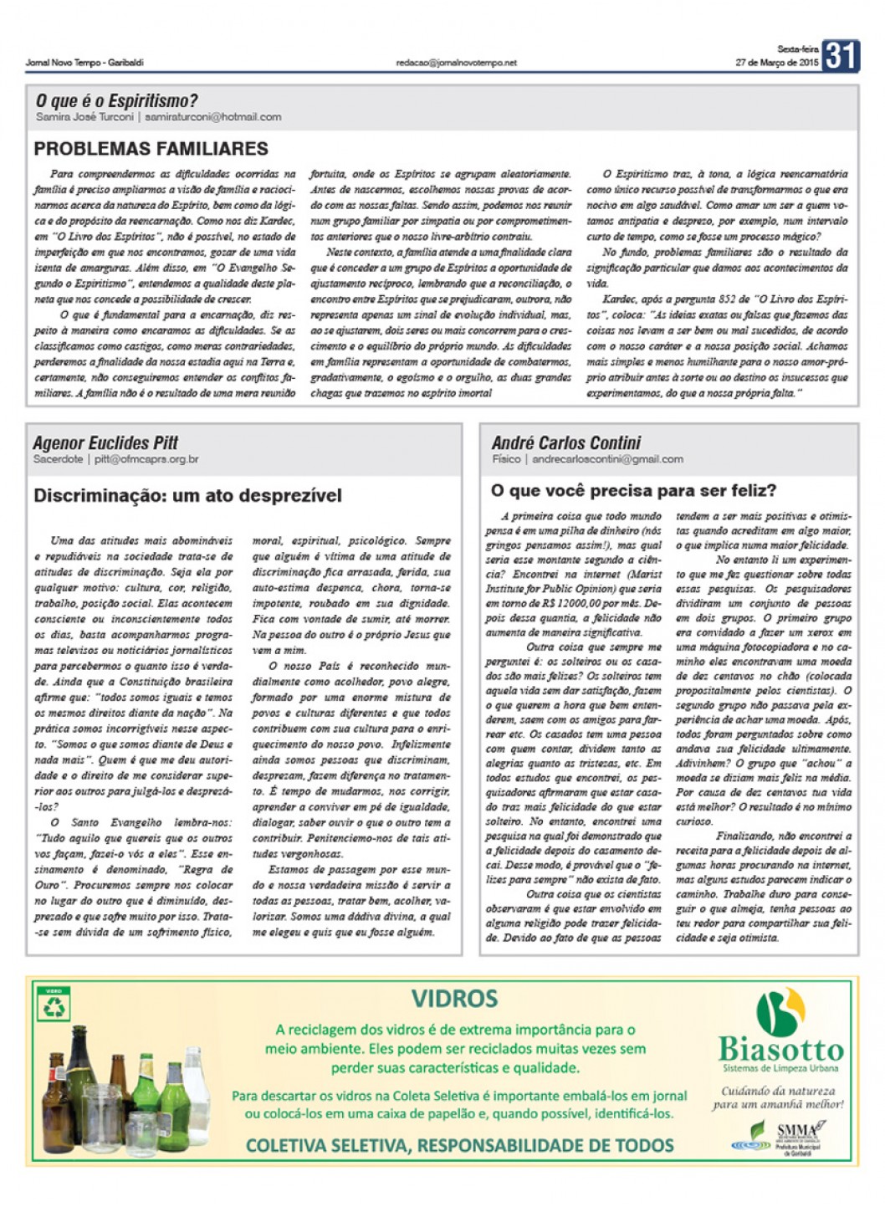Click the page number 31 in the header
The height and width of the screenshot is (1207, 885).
click(x=840, y=56)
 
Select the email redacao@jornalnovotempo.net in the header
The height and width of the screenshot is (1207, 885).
click(x=457, y=63)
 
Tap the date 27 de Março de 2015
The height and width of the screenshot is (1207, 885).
click(x=776, y=63)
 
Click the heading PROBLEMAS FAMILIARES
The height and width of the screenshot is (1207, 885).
click(x=151, y=149)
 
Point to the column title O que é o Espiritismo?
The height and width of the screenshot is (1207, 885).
click(x=116, y=101)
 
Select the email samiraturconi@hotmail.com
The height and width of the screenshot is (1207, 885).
click(x=212, y=117)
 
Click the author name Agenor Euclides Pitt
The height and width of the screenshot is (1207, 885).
click(x=105, y=443)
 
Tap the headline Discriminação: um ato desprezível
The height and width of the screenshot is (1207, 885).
click(x=187, y=495)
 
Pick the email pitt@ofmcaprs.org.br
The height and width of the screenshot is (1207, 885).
click(x=146, y=459)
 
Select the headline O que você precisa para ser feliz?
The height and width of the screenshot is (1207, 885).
click(x=633, y=490)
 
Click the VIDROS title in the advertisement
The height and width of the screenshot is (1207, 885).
click(x=454, y=999)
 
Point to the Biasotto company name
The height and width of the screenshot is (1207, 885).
click(x=780, y=1050)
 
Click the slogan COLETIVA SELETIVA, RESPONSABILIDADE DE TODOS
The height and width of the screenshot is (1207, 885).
click(x=459, y=1145)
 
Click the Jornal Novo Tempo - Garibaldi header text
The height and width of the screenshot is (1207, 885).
click(x=84, y=63)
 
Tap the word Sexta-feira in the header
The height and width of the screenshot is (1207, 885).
click(x=797, y=49)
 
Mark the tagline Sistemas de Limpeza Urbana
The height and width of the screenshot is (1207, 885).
click(x=780, y=1068)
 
